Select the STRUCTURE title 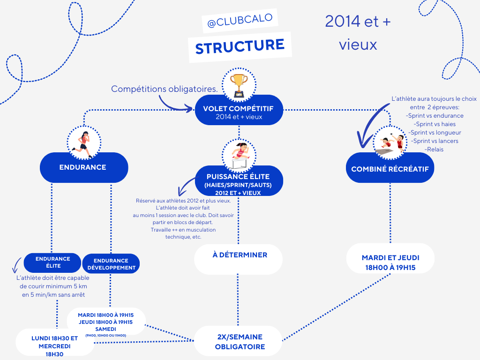[x=240, y=46]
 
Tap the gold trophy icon [x=239, y=84]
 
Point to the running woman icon [x=84, y=141]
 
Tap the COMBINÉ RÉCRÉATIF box [x=390, y=169]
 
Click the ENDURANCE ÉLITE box [x=52, y=262]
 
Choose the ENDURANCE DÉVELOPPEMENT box [x=111, y=264]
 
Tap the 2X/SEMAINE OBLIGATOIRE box [x=239, y=342]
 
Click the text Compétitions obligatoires [x=164, y=89]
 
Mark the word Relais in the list [x=434, y=150]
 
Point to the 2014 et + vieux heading [x=358, y=33]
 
